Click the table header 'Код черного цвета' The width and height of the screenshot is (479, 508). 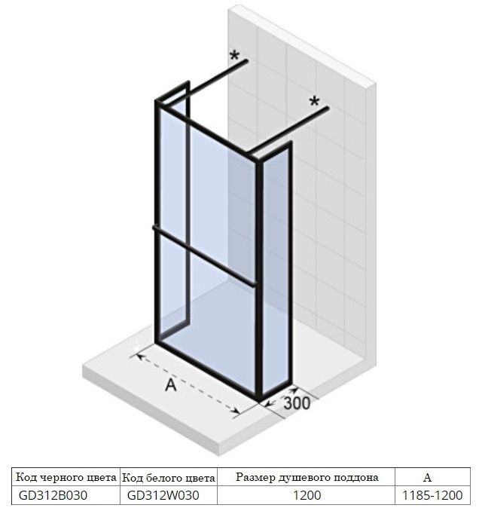pyautogui.click(x=66, y=477)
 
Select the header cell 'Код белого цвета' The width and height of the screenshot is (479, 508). pyautogui.click(x=169, y=478)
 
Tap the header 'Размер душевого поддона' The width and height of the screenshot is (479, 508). pyautogui.click(x=307, y=477)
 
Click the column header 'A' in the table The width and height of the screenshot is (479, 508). pyautogui.click(x=427, y=477)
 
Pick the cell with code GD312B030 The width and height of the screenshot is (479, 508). pyautogui.click(x=53, y=495)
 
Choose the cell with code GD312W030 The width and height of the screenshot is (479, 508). pyautogui.click(x=163, y=495)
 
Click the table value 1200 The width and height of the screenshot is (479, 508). pyautogui.click(x=307, y=495)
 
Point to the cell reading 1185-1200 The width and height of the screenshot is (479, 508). pyautogui.click(x=432, y=495)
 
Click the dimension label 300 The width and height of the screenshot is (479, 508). pyautogui.click(x=297, y=403)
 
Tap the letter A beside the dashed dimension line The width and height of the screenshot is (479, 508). pyautogui.click(x=171, y=385)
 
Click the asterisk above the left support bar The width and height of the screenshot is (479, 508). pyautogui.click(x=234, y=56)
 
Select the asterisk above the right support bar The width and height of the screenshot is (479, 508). pyautogui.click(x=314, y=102)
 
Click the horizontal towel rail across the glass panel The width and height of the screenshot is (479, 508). pyautogui.click(x=205, y=256)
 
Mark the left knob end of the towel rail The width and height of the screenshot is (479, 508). pyautogui.click(x=154, y=228)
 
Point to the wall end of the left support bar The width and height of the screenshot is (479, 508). pyautogui.click(x=246, y=61)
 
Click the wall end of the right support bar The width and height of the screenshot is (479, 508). pyautogui.click(x=327, y=109)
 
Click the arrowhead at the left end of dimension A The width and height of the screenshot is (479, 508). pyautogui.click(x=139, y=357)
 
